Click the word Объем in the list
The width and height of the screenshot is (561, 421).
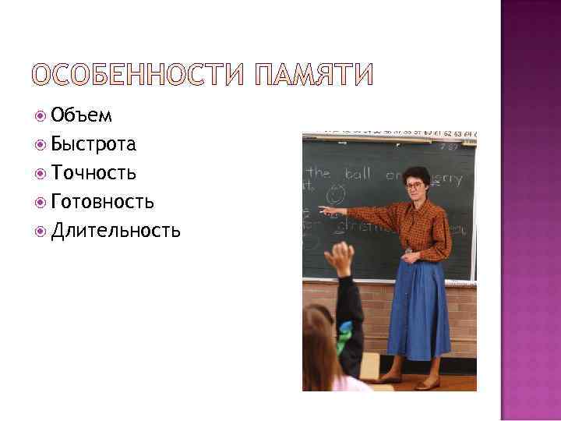coord(82,116)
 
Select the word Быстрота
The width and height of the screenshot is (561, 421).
coord(93,144)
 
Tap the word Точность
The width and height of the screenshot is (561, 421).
coord(93,172)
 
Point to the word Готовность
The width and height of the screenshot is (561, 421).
coord(102,201)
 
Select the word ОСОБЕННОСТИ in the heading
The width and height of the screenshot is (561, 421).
coord(136,74)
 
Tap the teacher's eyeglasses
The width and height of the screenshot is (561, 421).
coord(413,186)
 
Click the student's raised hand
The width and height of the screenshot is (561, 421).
coord(340,258)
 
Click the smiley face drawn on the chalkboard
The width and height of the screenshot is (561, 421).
coord(337,193)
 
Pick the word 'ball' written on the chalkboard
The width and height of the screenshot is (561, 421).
coord(358,174)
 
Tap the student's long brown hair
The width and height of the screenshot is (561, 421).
coord(318,351)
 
